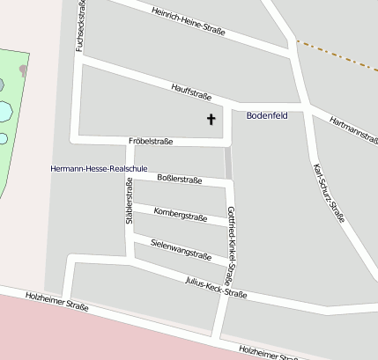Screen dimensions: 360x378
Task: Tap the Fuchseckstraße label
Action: coord(81,26)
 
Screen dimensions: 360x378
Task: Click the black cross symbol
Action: coord(211,119)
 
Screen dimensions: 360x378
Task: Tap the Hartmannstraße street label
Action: coord(352,129)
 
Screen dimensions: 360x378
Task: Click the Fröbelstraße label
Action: coord(150,141)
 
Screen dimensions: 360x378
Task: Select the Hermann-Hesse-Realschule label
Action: coord(98,167)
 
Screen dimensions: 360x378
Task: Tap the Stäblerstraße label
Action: coord(130,202)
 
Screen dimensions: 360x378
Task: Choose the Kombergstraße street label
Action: coord(180,215)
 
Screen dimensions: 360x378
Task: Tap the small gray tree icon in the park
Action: coord(22,70)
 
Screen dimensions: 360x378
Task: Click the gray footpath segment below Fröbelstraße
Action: coord(228,163)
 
